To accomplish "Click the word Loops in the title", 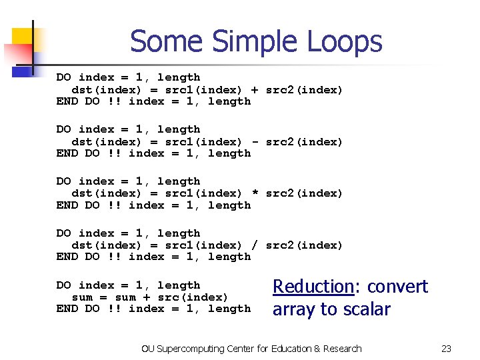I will click(344, 41).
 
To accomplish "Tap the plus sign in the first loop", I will click(254, 90).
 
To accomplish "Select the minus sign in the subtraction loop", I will click(254, 142).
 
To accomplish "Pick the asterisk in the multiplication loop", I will click(254, 194).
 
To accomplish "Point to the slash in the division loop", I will click(254, 245).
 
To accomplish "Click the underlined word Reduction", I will click(312, 287).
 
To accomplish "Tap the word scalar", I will click(366, 309).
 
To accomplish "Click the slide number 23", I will click(446, 349).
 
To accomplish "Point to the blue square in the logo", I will click(23, 68).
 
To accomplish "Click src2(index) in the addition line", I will click(304, 90).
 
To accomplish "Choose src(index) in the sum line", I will click(193, 297).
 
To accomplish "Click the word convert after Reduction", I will click(398, 287).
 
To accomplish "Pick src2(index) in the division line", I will click(304, 245).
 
